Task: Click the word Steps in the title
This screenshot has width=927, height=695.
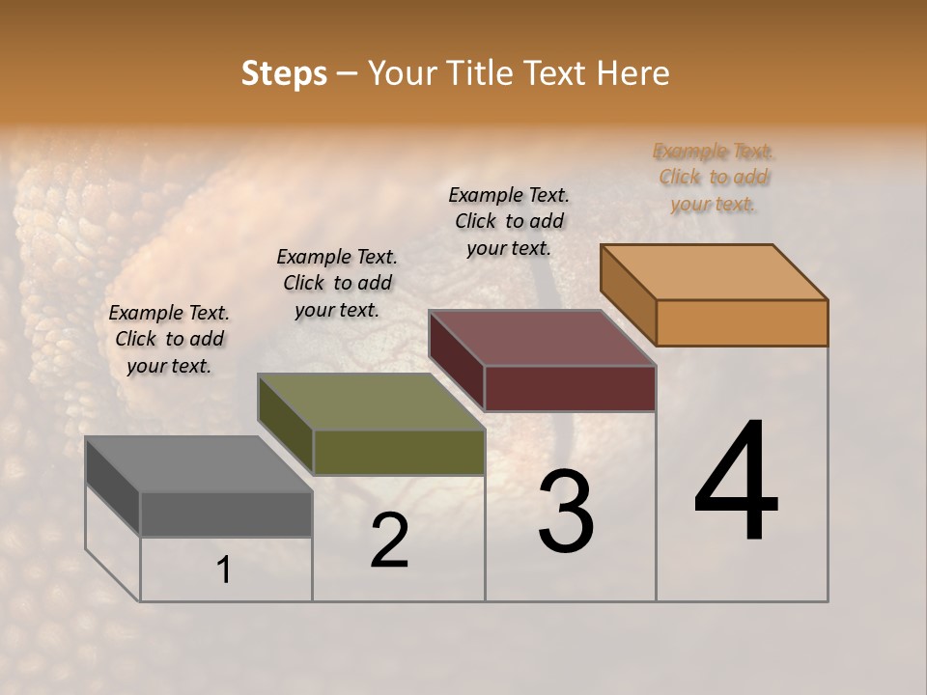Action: tap(284, 73)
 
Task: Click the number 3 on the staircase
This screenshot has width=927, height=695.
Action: tap(566, 512)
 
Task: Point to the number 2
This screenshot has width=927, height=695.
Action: tap(389, 541)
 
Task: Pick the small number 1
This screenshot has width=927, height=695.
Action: tap(224, 570)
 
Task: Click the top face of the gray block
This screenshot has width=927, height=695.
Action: tap(198, 464)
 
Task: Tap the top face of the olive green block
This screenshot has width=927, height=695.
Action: tap(371, 402)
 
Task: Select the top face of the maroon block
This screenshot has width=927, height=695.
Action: tap(543, 338)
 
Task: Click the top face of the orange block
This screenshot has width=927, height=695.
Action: tap(714, 272)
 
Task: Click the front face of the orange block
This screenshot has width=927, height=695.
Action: tap(742, 322)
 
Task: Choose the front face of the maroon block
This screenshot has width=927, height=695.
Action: tap(570, 388)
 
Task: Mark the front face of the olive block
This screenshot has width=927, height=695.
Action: tap(399, 452)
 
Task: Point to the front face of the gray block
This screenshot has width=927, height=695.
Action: tap(226, 514)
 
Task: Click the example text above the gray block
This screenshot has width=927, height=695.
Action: tap(169, 339)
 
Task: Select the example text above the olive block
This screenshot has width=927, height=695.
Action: tap(337, 283)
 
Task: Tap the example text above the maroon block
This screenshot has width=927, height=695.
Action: tap(509, 221)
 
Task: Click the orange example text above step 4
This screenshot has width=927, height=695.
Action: tap(714, 177)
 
